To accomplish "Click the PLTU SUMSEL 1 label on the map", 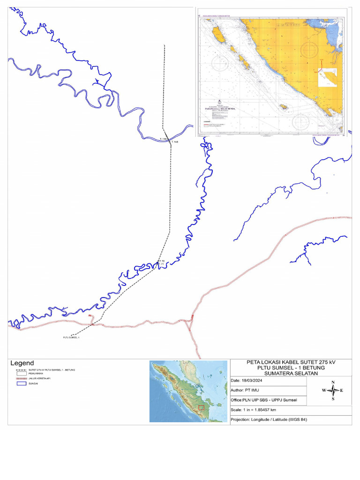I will (x=71, y=337).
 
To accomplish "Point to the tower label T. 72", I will (x=161, y=261).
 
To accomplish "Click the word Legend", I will (x=22, y=363).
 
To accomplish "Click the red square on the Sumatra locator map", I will (x=201, y=407).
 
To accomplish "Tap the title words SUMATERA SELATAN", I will (x=291, y=373).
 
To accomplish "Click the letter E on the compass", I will (x=342, y=390).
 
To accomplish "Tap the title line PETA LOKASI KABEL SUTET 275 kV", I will (x=291, y=362).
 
